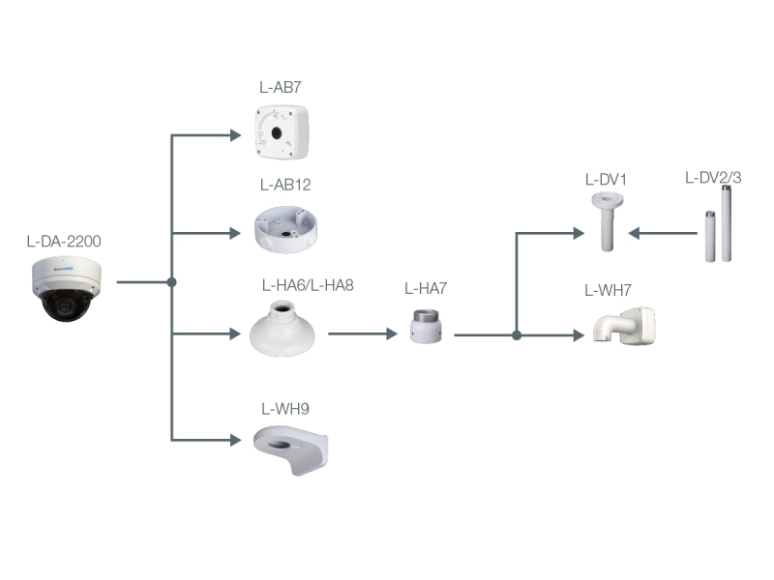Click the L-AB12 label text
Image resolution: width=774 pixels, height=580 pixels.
point(284,184)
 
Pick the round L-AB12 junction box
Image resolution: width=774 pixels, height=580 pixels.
point(283,228)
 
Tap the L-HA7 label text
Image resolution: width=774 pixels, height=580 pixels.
point(426,288)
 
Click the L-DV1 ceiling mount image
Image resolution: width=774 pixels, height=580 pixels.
point(607,221)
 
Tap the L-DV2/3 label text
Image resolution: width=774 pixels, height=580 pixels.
point(713,178)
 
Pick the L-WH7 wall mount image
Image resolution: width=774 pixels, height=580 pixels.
point(623,326)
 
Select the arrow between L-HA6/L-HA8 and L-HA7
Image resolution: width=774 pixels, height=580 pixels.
point(363,333)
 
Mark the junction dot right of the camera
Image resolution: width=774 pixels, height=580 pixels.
point(171,282)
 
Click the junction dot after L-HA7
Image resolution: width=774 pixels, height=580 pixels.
point(517,335)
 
